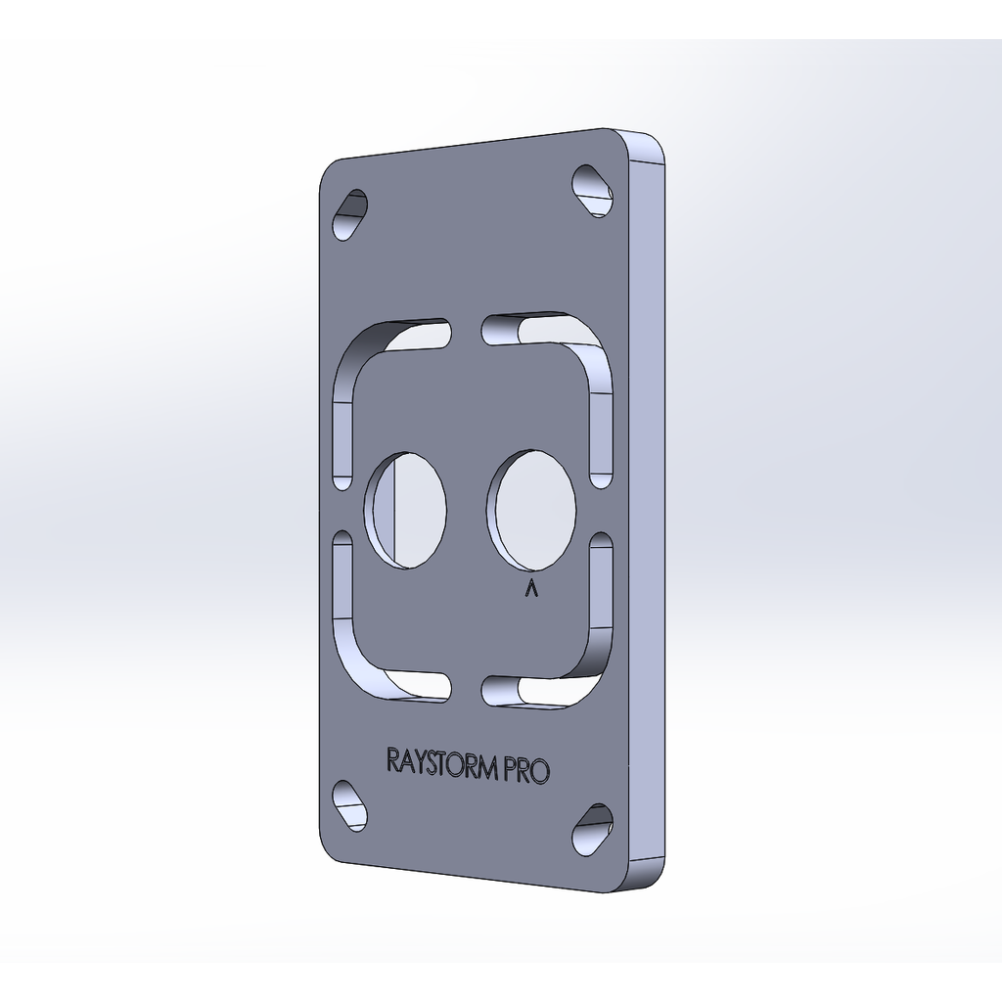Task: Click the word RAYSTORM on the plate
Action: click(441, 763)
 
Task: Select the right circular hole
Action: click(531, 509)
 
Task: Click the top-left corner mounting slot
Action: click(350, 214)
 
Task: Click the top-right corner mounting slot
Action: click(592, 191)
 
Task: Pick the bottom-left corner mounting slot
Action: click(350, 806)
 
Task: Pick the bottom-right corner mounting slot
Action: click(592, 830)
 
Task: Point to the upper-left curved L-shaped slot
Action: click(358, 358)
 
